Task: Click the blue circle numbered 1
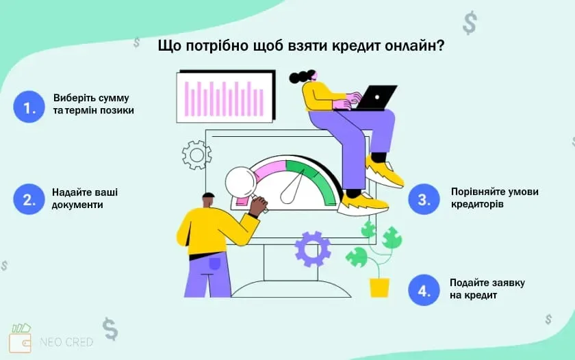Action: [x=29, y=107]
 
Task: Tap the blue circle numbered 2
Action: [x=29, y=199]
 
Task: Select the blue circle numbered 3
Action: [x=424, y=199]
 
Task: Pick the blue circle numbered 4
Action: [x=424, y=290]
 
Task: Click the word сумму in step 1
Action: [x=114, y=98]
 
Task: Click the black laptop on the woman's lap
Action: [x=375, y=97]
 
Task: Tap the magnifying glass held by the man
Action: [x=240, y=181]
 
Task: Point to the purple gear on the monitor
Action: [x=313, y=248]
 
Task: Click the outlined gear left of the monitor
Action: [x=196, y=155]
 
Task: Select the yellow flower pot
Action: [x=379, y=287]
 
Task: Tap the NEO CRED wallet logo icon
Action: [x=21, y=338]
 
